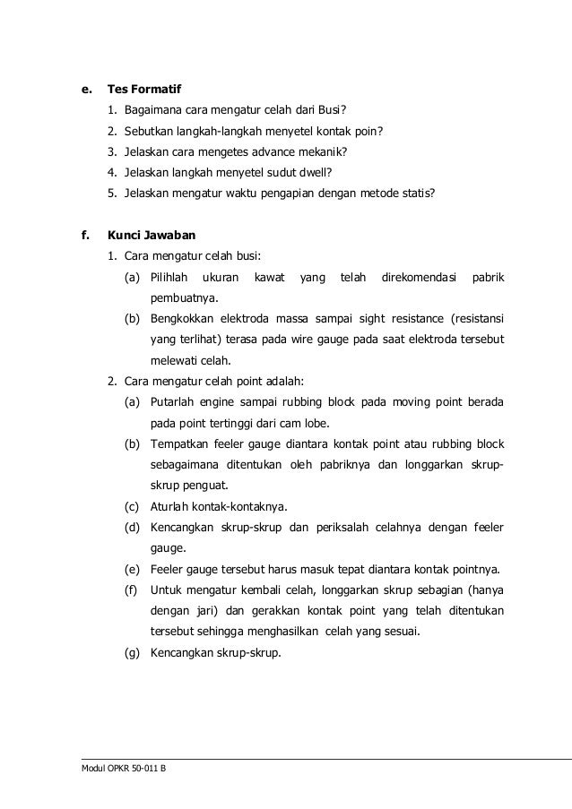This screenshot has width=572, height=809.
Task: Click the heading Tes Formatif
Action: tap(144, 90)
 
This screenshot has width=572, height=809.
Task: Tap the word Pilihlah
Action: tap(169, 278)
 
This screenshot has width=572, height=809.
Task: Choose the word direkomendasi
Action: tap(419, 278)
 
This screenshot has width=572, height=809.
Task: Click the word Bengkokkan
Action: tap(182, 320)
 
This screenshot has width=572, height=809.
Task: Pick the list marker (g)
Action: tap(132, 653)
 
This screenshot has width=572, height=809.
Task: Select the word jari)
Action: tap(204, 611)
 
